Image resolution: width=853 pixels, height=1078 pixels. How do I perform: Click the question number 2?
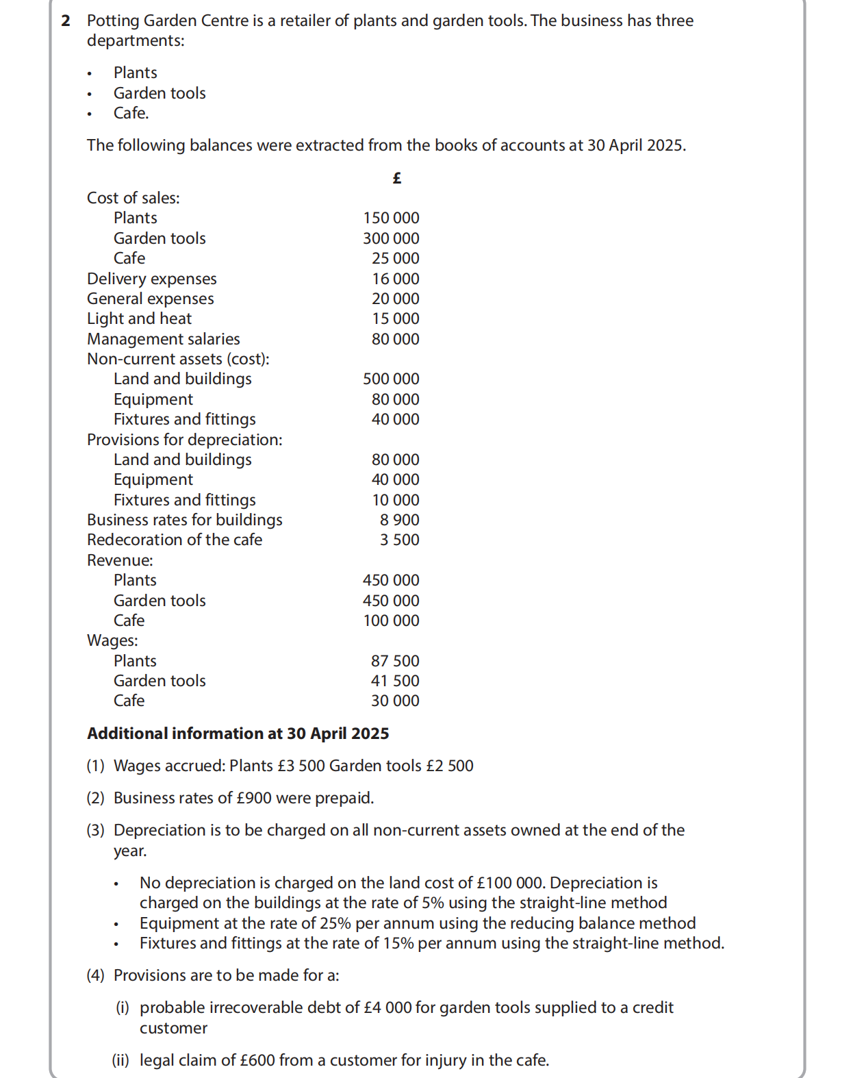[x=66, y=21]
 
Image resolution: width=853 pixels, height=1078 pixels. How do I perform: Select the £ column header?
[x=397, y=178]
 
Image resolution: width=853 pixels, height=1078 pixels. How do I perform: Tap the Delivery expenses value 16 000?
[x=395, y=279]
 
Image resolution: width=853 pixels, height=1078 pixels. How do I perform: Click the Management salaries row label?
[x=163, y=339]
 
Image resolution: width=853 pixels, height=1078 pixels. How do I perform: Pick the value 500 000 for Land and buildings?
[x=391, y=379]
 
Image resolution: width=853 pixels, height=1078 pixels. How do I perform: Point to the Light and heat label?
[x=139, y=318]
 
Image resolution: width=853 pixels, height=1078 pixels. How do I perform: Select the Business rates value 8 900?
[x=399, y=520]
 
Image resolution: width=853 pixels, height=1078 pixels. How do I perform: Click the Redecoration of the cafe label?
[x=174, y=540]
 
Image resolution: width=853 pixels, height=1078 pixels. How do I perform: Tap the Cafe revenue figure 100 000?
[x=391, y=621]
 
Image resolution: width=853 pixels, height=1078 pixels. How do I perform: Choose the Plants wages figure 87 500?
[x=395, y=661]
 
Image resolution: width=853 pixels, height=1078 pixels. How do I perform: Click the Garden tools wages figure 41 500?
[x=395, y=681]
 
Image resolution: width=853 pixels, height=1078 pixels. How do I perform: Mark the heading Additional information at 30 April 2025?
[x=238, y=734]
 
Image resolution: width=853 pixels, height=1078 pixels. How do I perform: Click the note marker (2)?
[x=95, y=798]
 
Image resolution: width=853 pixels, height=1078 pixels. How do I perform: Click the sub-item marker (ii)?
[x=120, y=1060]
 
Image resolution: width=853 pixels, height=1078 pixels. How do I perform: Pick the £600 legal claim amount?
[x=257, y=1060]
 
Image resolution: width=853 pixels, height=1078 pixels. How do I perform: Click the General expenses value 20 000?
[x=395, y=299]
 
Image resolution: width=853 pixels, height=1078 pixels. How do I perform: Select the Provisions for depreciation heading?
[x=184, y=440]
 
